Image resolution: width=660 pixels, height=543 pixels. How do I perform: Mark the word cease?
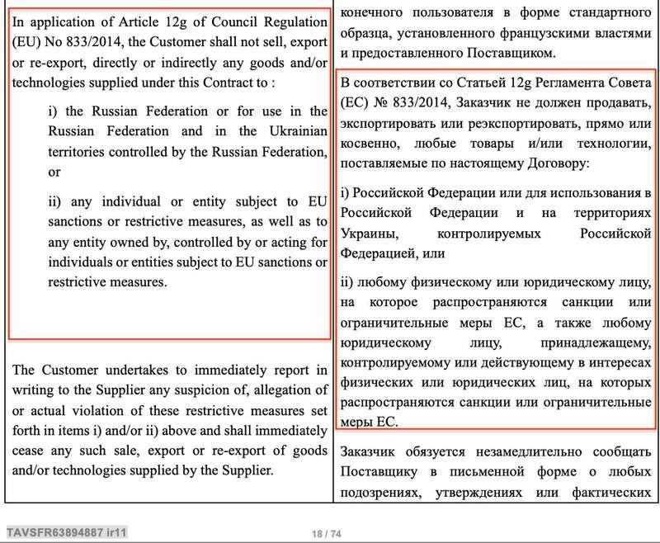[34, 451]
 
